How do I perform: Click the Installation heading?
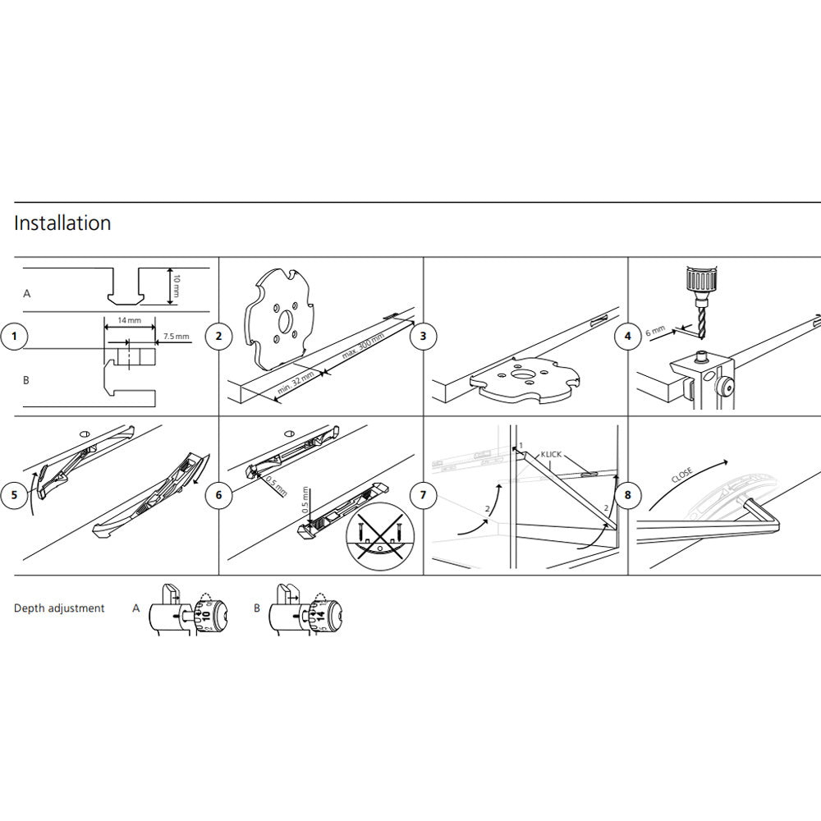[62, 223]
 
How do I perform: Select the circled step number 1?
[14, 337]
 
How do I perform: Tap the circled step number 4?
[628, 337]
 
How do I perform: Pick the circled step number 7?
[423, 495]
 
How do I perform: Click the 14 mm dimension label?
[128, 320]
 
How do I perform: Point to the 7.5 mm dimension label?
[176, 336]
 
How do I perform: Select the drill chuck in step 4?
[699, 282]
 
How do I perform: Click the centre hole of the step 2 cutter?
[282, 319]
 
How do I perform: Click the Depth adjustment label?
[59, 608]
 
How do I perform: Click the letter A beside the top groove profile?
[27, 292]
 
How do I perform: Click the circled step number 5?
[14, 495]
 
